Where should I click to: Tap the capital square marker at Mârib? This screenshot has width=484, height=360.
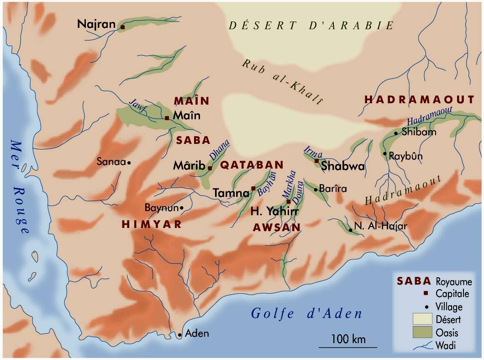click(x=210, y=168)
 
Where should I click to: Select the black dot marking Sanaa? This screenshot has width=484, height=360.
click(x=129, y=162)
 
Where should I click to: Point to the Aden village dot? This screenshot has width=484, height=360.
click(x=180, y=335)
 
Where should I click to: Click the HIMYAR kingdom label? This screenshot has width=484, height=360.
click(x=152, y=224)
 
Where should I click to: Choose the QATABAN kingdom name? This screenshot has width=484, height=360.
click(x=252, y=165)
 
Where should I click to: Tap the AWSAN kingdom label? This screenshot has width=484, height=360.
click(x=277, y=227)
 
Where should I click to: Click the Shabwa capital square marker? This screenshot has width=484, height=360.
click(x=316, y=161)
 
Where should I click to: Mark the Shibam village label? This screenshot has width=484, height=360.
click(x=419, y=132)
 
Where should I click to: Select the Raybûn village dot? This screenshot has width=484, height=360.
click(x=385, y=154)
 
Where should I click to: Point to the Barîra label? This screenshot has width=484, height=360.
click(x=333, y=189)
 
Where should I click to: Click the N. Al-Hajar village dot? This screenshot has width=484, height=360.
click(x=350, y=230)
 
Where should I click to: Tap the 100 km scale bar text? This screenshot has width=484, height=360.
click(x=348, y=339)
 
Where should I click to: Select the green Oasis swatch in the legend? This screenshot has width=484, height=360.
click(x=422, y=332)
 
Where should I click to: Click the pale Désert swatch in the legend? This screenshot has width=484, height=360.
click(x=422, y=319)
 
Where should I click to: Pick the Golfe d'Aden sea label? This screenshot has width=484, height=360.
click(x=307, y=314)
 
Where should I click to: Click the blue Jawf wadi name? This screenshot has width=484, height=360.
click(x=136, y=105)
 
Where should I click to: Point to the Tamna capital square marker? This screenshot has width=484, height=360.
click(x=253, y=188)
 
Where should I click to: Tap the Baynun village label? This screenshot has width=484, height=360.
click(x=161, y=208)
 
